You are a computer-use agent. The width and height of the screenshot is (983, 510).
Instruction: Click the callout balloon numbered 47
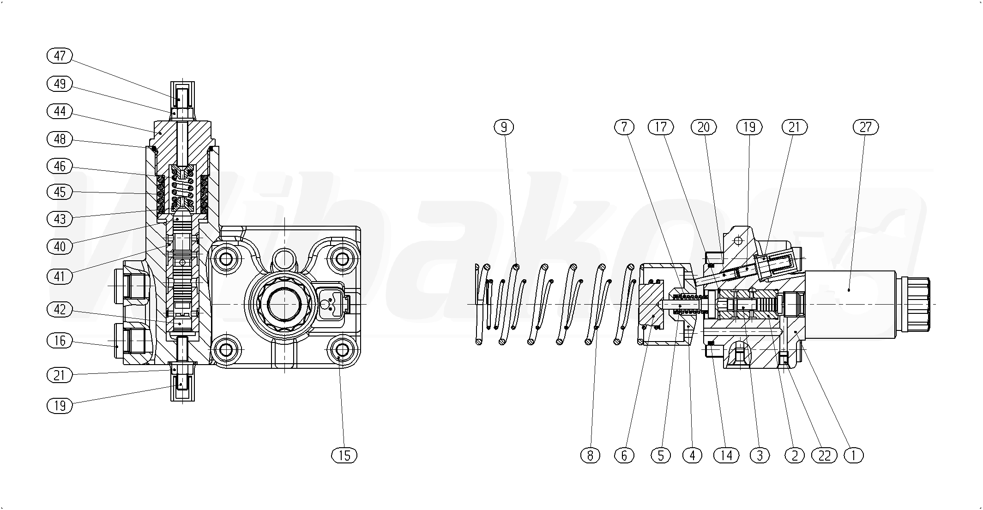point(60,56)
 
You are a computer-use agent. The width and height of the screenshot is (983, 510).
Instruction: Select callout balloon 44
point(60,111)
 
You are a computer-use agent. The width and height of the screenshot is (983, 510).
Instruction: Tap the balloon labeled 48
point(60,139)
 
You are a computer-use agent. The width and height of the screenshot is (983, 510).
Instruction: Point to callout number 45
point(60,192)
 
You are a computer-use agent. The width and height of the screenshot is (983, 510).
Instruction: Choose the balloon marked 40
point(60,246)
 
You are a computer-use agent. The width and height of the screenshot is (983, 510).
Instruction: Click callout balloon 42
point(60,309)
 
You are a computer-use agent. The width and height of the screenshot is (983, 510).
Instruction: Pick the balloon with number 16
point(60,341)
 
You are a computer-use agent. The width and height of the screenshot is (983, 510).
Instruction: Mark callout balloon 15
point(344,456)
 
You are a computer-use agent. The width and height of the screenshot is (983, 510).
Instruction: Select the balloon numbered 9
point(504,127)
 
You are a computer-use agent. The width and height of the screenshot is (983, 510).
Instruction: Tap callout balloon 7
point(624,127)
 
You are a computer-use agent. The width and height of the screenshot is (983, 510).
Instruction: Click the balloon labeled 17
point(661,127)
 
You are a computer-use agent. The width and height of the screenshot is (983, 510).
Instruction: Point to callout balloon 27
point(865,127)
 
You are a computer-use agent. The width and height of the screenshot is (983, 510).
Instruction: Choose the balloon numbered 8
point(590,456)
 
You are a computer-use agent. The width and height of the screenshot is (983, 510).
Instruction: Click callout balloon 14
point(726,456)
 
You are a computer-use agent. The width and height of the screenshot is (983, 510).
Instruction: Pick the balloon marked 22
point(824,456)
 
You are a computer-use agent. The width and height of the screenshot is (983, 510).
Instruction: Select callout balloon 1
point(853,456)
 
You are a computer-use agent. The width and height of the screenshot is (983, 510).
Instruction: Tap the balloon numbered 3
point(760,456)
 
